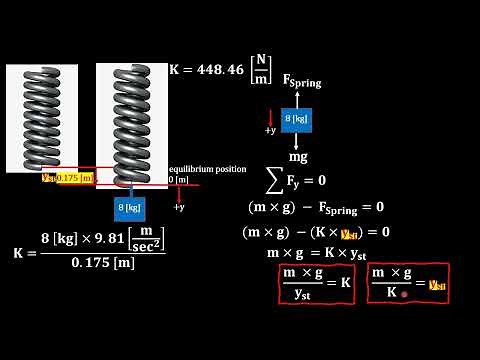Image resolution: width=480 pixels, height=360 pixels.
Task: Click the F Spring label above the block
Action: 302,81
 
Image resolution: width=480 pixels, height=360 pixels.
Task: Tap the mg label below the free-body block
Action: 298,157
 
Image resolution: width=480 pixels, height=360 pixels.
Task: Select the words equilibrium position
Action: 207,169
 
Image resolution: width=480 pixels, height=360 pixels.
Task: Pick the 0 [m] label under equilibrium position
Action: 178,179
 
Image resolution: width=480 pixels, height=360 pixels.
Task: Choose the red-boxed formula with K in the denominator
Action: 407,283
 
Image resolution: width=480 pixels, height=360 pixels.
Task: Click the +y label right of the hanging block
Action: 178,207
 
